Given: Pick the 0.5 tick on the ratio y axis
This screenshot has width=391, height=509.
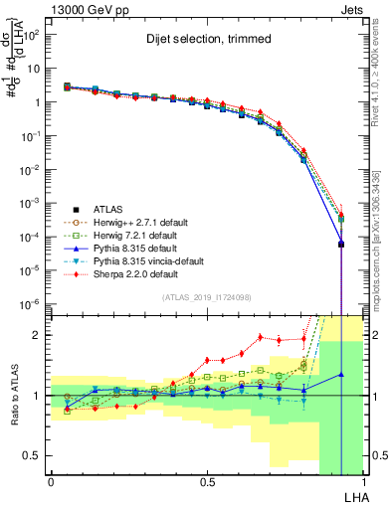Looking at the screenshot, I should click(30, 455).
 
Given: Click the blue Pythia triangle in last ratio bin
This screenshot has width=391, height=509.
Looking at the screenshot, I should click(341, 375).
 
